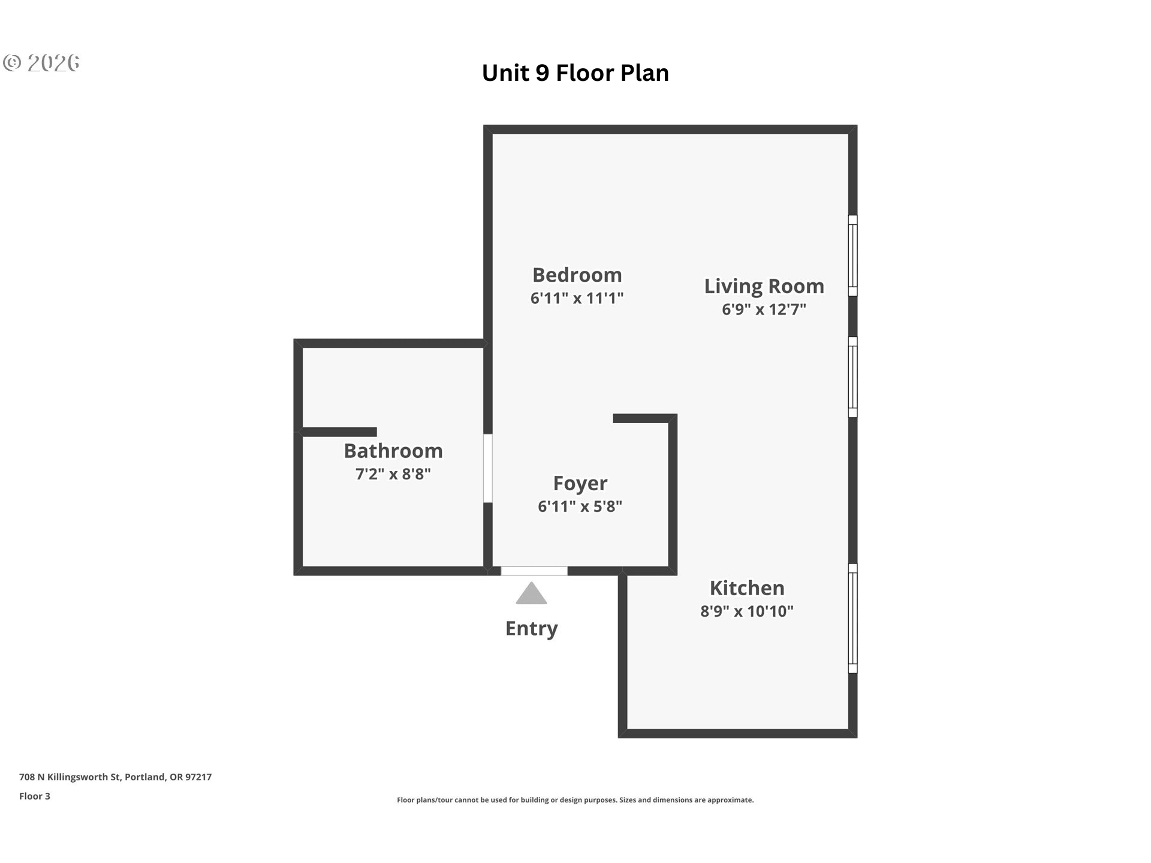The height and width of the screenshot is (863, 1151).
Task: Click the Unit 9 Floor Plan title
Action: pyautogui.click(x=575, y=73)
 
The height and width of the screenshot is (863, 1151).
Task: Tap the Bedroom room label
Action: pyautogui.click(x=577, y=275)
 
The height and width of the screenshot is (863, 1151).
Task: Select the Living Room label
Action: pyautogui.click(x=764, y=286)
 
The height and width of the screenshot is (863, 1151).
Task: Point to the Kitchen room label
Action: pyautogui.click(x=747, y=588)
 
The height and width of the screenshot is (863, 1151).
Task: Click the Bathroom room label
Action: pyautogui.click(x=393, y=451)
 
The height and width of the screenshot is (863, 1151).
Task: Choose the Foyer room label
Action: pyautogui.click(x=580, y=483)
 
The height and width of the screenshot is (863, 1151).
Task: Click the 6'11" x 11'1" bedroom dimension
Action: pyautogui.click(x=577, y=298)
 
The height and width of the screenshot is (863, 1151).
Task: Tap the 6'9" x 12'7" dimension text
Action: pyautogui.click(x=764, y=309)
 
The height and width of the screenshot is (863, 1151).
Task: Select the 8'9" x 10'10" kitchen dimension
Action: pyautogui.click(x=747, y=611)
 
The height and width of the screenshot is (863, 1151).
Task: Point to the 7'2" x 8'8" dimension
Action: pyautogui.click(x=393, y=474)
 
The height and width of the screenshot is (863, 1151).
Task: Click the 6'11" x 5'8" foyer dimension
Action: pyautogui.click(x=580, y=506)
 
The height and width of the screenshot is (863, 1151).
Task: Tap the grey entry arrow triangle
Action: pyautogui.click(x=531, y=593)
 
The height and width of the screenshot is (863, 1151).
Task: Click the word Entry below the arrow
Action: pyautogui.click(x=531, y=629)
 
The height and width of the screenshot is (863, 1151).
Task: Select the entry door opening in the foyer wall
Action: pyautogui.click(x=534, y=571)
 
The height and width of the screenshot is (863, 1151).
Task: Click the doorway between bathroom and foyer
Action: pyautogui.click(x=488, y=469)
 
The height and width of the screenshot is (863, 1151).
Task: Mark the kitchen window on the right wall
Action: pyautogui.click(x=853, y=618)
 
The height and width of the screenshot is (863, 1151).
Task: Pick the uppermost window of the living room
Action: pyautogui.click(x=853, y=256)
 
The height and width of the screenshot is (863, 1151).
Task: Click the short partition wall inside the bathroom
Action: pyautogui.click(x=337, y=432)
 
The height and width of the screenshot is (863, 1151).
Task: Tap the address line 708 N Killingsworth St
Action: pyautogui.click(x=116, y=777)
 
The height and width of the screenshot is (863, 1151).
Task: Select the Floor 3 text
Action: pyautogui.click(x=35, y=796)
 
